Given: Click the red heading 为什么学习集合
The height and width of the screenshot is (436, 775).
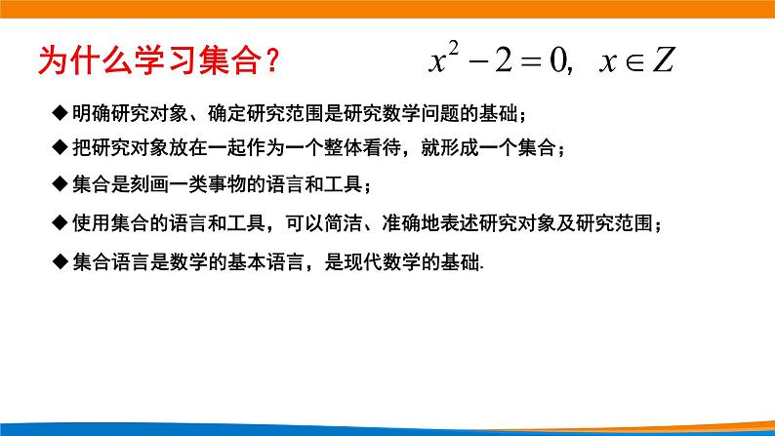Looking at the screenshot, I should click(x=151, y=62).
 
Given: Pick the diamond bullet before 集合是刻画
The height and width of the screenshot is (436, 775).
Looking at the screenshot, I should click(x=61, y=185).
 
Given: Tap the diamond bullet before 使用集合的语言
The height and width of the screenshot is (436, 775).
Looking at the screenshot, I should click(x=61, y=223).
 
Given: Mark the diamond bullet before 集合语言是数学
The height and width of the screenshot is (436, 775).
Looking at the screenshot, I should click(x=61, y=261).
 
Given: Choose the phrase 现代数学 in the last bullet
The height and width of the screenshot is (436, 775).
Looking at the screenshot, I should click(x=382, y=261).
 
